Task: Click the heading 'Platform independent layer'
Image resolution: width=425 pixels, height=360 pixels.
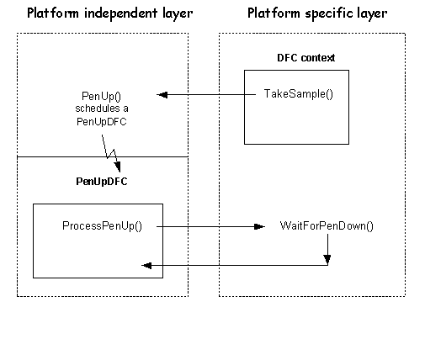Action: (110, 13)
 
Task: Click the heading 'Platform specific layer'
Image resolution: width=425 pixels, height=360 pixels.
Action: (317, 13)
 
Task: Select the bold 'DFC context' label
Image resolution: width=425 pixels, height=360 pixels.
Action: (305, 58)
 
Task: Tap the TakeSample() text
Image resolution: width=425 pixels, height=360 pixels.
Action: (299, 94)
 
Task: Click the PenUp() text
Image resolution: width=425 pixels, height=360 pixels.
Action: (101, 96)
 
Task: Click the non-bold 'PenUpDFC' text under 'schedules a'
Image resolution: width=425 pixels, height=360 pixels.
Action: (102, 122)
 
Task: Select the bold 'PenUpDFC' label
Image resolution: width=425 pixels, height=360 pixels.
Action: (102, 182)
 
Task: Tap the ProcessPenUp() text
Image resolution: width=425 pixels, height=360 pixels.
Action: (102, 226)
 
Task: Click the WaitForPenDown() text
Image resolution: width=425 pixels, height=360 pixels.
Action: (327, 226)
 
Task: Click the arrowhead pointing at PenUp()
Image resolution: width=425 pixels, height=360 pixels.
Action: (162, 95)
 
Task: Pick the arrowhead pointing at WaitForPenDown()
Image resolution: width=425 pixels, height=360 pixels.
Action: (259, 226)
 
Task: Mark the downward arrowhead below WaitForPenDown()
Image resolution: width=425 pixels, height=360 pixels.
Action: (327, 260)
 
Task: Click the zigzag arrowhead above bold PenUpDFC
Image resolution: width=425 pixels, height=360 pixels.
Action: (118, 167)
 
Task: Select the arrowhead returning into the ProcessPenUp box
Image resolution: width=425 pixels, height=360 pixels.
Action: (146, 265)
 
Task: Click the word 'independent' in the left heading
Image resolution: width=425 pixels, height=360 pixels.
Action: (120, 13)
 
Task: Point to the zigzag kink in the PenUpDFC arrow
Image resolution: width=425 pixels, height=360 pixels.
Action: (111, 154)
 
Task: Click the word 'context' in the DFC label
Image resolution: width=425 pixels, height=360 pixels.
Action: (317, 58)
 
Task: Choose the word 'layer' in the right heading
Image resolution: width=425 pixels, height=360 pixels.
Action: (373, 13)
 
